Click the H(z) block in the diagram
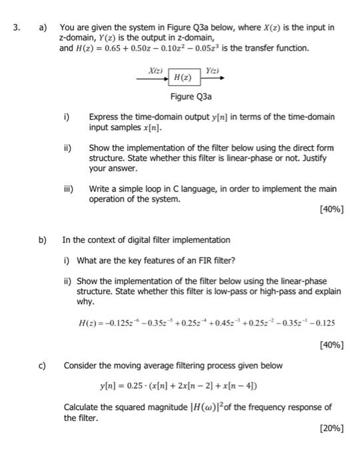pyautogui.click(x=182, y=77)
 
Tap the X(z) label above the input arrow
pyautogui.click(x=155, y=69)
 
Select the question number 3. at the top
pyautogui.click(x=18, y=27)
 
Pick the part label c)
pyautogui.click(x=43, y=366)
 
